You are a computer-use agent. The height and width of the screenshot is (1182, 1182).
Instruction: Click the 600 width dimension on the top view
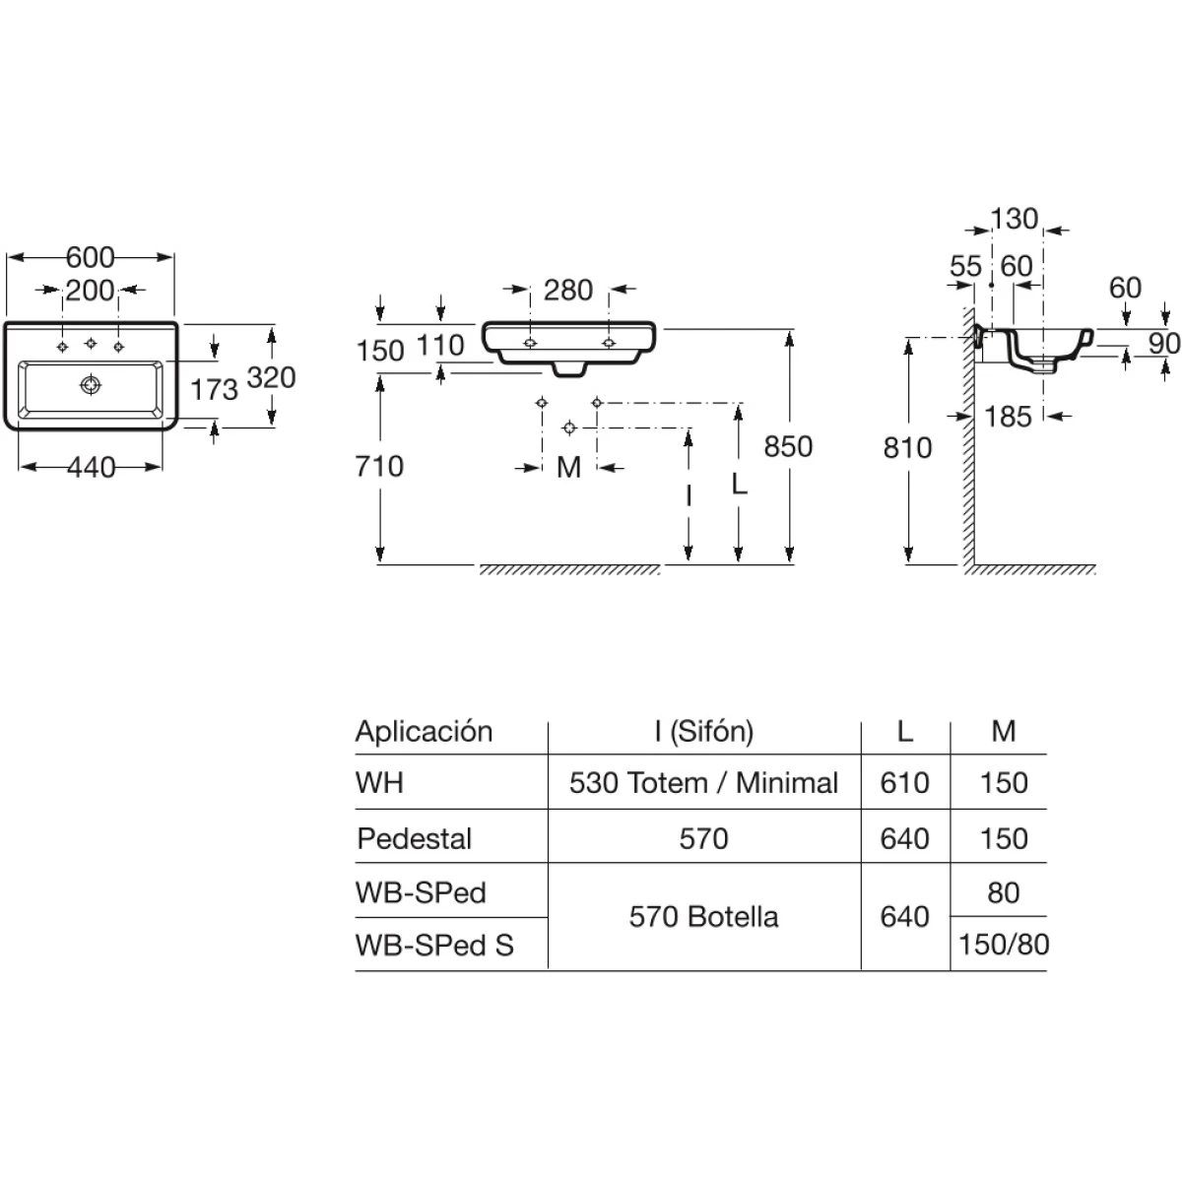[x=90, y=258]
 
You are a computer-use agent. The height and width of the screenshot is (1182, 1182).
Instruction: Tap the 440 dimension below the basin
[x=90, y=467]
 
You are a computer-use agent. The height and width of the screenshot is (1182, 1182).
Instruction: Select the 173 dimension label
[x=214, y=389]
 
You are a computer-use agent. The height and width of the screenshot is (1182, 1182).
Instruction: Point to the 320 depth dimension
[x=272, y=376]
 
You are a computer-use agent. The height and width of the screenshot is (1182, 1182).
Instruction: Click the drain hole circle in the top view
[x=91, y=383]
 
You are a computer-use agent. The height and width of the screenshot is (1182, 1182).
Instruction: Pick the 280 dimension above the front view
[x=568, y=291]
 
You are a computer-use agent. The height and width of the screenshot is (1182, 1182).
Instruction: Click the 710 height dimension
[x=379, y=465]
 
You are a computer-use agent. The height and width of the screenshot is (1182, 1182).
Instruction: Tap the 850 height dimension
[x=789, y=446]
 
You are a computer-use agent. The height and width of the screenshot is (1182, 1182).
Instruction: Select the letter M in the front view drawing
[x=568, y=467]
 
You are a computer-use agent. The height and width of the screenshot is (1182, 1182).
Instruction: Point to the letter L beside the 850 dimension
[x=739, y=484]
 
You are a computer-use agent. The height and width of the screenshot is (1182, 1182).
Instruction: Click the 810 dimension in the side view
[x=907, y=447]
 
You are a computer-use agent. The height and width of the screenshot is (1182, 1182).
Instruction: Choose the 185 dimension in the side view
[x=1008, y=417]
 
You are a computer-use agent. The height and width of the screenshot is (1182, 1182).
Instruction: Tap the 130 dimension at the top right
[x=1015, y=219]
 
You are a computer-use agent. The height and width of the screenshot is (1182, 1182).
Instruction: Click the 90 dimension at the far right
[x=1163, y=343]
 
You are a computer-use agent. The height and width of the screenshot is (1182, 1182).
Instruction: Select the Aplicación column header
[x=424, y=731]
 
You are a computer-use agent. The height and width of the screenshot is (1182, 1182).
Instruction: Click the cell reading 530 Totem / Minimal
[x=703, y=783]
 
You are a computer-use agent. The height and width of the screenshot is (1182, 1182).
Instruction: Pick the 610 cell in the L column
[x=904, y=783]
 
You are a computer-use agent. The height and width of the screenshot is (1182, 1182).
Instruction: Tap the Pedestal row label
[x=414, y=838]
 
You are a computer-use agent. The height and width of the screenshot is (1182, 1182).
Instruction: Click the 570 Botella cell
[x=703, y=917]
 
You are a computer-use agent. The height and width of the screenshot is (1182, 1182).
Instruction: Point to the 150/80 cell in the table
[x=1004, y=945]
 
